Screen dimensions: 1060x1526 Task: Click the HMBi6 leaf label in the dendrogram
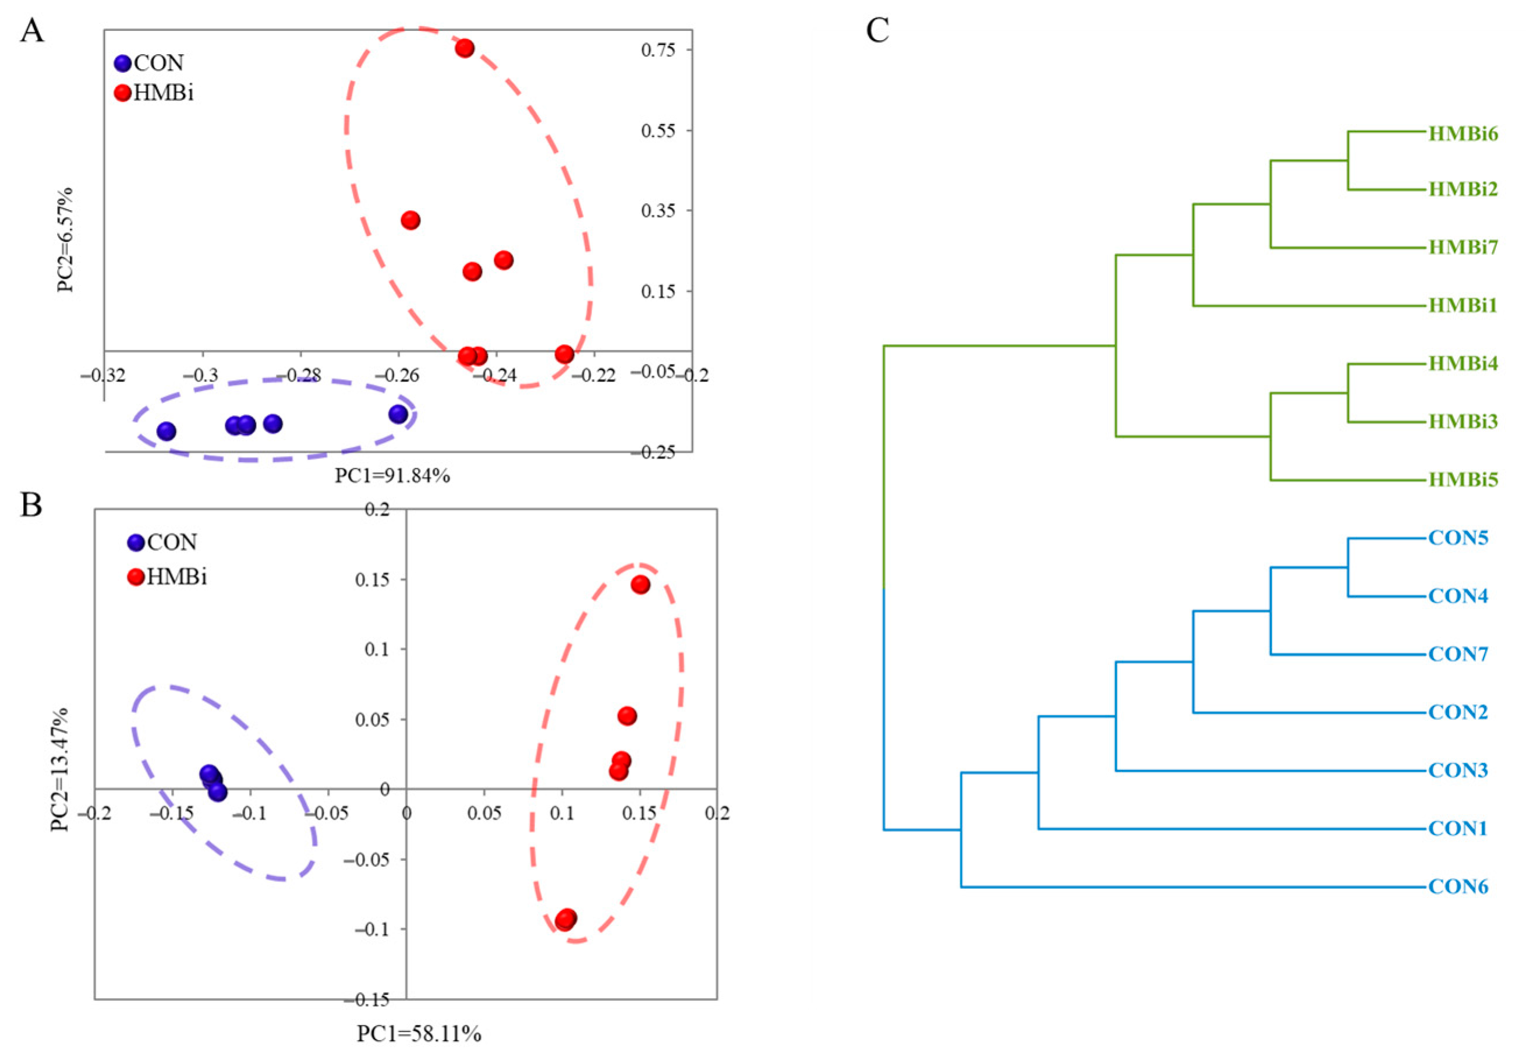tap(1463, 133)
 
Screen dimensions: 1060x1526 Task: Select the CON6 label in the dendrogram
tap(1458, 886)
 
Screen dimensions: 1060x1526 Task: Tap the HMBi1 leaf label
tap(1463, 306)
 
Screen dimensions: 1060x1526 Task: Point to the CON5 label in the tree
tap(1458, 538)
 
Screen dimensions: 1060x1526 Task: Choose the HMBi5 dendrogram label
tap(1463, 479)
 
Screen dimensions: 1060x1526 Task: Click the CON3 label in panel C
tap(1458, 771)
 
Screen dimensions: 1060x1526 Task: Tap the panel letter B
tap(31, 506)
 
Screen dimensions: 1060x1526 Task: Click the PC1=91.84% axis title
tap(392, 475)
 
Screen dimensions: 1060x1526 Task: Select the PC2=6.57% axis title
tap(65, 240)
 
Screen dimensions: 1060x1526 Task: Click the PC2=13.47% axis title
tap(60, 770)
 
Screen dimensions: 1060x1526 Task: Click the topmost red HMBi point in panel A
tap(465, 48)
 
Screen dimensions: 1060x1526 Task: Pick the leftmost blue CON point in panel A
tap(166, 431)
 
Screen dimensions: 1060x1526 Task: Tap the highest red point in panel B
tap(640, 585)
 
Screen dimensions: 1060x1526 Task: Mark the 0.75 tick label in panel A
tap(658, 50)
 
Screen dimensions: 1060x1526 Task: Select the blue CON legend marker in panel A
tap(123, 63)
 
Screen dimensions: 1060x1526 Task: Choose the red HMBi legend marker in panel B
tap(136, 577)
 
